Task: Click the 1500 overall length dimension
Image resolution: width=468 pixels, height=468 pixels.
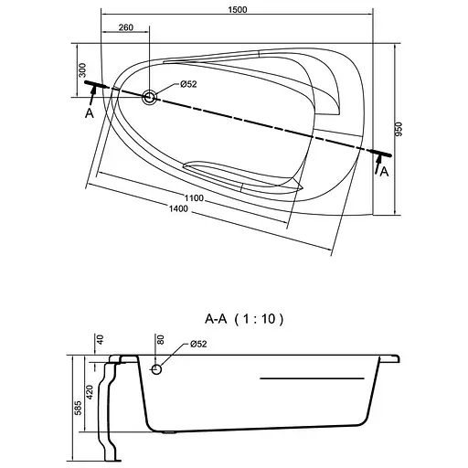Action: point(238,10)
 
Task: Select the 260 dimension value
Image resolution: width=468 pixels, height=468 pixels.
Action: point(126,27)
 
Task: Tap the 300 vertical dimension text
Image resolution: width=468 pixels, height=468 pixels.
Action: point(82,70)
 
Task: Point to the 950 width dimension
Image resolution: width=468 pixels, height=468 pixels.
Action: point(399,129)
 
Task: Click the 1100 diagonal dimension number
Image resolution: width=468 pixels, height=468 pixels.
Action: point(194,198)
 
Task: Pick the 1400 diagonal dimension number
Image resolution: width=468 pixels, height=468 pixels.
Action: point(178,208)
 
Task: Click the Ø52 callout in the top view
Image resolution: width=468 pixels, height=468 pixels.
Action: point(188,84)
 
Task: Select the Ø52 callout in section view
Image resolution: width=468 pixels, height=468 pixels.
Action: point(198,344)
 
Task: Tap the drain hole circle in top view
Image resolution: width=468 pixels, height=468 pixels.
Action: point(149,98)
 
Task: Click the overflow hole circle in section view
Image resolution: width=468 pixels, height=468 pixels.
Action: point(156,369)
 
